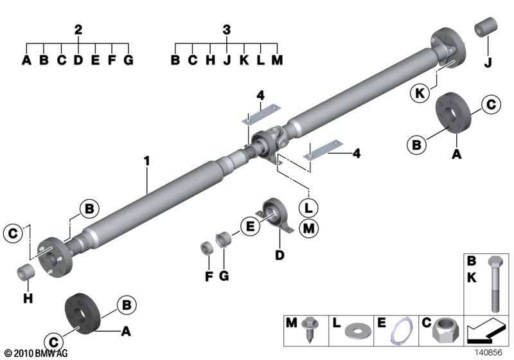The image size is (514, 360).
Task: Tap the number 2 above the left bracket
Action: pos(78,30)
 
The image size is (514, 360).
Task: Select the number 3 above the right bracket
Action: pos(226,30)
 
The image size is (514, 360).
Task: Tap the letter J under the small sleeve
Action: pos(487,62)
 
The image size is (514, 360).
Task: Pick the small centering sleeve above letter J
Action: pos(486,30)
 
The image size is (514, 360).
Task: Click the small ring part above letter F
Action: pos(208,248)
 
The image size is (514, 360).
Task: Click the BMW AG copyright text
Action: pos(35,353)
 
